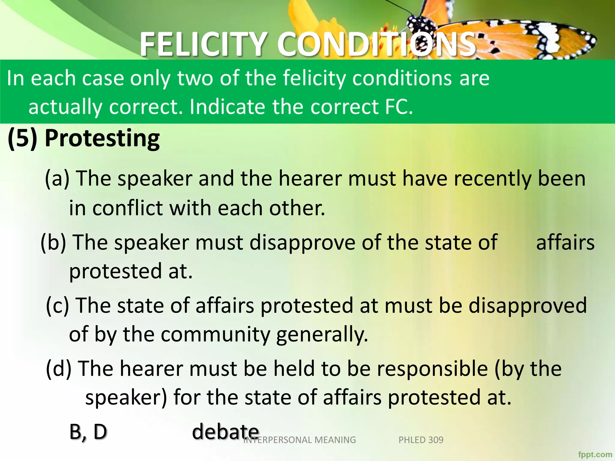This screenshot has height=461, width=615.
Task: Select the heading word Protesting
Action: (x=102, y=139)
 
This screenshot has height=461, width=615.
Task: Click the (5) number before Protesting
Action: (x=23, y=139)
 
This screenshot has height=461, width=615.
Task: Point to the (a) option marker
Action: (x=57, y=178)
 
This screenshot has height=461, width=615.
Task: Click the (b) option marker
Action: (x=53, y=242)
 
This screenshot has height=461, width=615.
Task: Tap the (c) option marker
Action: (x=58, y=306)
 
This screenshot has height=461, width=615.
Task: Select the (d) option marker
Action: (x=59, y=369)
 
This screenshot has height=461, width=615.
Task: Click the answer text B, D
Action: (x=88, y=432)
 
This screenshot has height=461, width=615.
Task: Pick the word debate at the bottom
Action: (x=225, y=432)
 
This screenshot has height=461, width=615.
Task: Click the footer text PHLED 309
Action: (x=421, y=440)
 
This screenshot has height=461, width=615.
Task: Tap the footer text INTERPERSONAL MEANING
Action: (x=300, y=440)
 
